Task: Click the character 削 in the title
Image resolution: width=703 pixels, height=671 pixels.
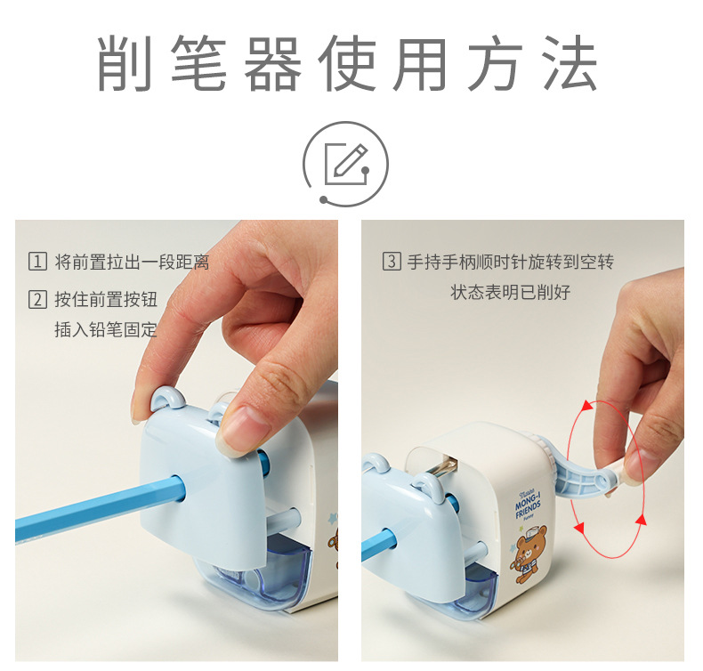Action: point(125,63)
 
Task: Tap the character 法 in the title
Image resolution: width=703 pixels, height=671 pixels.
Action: point(570,63)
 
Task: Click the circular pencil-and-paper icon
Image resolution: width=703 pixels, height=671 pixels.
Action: point(345,164)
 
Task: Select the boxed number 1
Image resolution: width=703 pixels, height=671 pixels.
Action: point(37,261)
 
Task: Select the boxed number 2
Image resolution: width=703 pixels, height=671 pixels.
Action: point(37,299)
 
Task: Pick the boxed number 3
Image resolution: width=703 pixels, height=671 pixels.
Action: point(392,261)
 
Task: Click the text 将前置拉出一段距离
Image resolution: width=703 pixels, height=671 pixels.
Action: point(132,262)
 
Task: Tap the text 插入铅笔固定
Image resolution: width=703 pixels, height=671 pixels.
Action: point(106,329)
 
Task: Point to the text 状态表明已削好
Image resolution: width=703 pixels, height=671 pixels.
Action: point(510,292)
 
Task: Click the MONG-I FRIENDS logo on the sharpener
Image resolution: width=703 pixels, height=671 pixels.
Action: point(528,506)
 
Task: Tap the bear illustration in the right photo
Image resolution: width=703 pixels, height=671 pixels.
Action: point(529,555)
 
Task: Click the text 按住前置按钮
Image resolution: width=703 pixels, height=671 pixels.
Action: point(106,299)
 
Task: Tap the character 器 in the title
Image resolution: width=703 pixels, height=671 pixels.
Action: point(272,63)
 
